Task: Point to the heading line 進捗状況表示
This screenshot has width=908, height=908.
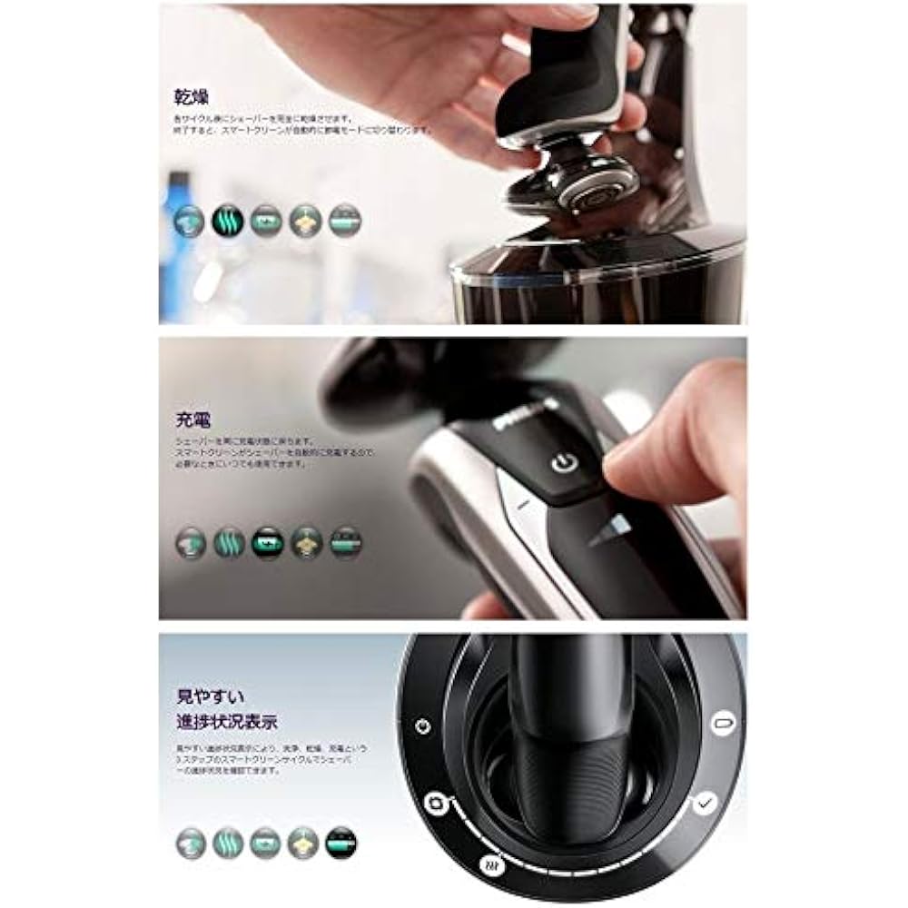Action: pyautogui.click(x=227, y=724)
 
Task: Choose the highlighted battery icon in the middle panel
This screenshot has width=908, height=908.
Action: pyautogui.click(x=267, y=542)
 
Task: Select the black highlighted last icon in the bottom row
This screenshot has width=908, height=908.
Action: pyautogui.click(x=341, y=843)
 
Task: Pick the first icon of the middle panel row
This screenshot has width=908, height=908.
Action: pyautogui.click(x=190, y=542)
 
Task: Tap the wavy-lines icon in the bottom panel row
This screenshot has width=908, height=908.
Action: pyautogui.click(x=228, y=843)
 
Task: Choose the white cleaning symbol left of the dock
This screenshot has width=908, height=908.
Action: pyautogui.click(x=437, y=803)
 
